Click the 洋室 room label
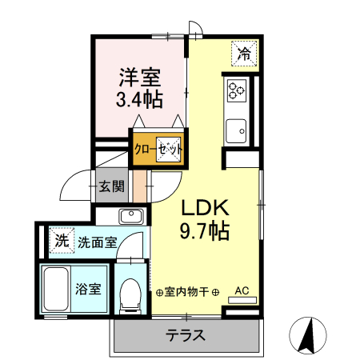pyautogui.click(x=140, y=78)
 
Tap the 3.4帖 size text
pyautogui.click(x=139, y=99)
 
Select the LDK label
pyautogui.click(x=205, y=207)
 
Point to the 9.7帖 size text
pyautogui.click(x=205, y=230)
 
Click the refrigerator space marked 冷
pyautogui.click(x=244, y=54)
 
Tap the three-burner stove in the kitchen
pyautogui.click(x=237, y=90)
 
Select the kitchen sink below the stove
pyautogui.click(x=236, y=131)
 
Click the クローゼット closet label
pyautogui.click(x=158, y=149)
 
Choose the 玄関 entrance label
pyautogui.click(x=112, y=186)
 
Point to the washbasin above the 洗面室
pyautogui.click(x=131, y=216)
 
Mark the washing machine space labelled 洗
pyautogui.click(x=62, y=241)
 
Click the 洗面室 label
pyautogui.click(x=98, y=242)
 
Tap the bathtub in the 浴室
pyautogui.click(x=56, y=289)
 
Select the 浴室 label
pyautogui.click(x=88, y=289)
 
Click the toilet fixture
pyautogui.click(x=130, y=296)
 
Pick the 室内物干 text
pyautogui.click(x=186, y=292)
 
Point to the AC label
pyautogui.click(x=242, y=290)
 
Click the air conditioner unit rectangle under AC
pyautogui.click(x=242, y=300)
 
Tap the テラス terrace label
pyautogui.click(x=186, y=335)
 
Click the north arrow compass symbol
pyautogui.click(x=308, y=335)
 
